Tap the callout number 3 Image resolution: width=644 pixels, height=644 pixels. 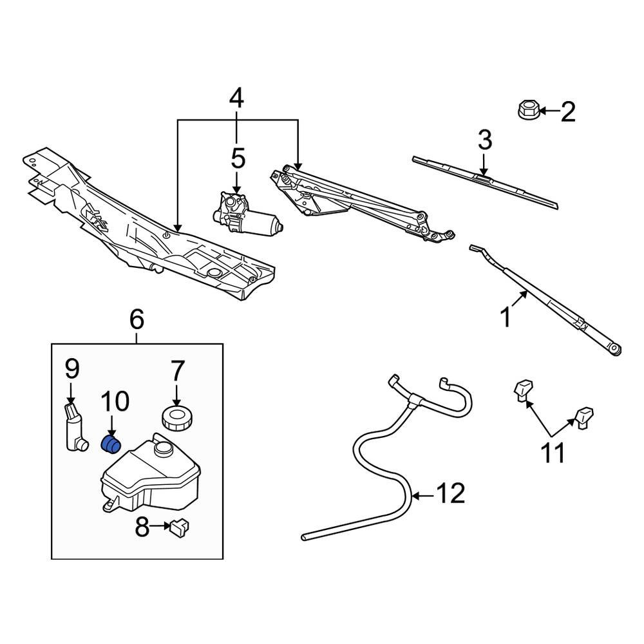click(x=484, y=140)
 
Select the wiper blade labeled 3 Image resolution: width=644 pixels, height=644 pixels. click(x=484, y=182)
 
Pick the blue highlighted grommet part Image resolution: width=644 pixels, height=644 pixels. click(x=112, y=444)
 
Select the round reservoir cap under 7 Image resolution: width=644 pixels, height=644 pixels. click(x=176, y=417)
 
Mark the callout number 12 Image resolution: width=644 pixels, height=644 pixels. click(x=451, y=495)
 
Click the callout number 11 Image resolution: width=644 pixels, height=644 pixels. click(x=553, y=453)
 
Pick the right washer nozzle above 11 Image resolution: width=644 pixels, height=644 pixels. click(x=585, y=416)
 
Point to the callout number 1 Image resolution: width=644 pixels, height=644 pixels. click(x=506, y=317)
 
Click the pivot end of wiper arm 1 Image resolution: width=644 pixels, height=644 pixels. click(x=615, y=348)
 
